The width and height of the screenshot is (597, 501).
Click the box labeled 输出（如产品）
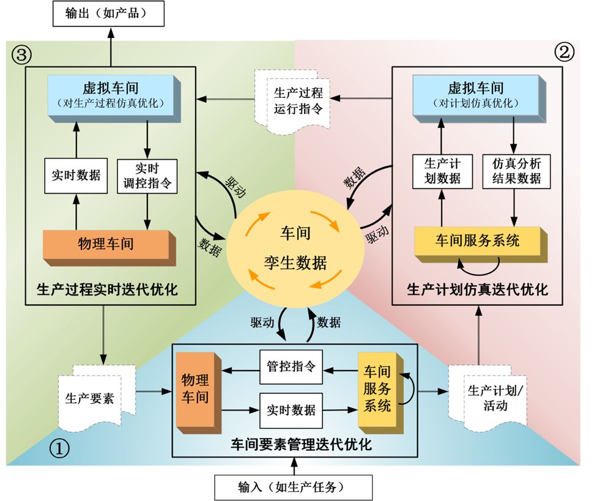click(x=108, y=13)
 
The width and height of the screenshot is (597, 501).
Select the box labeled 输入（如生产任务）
click(x=293, y=488)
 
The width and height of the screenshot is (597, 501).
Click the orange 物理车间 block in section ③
click(x=106, y=244)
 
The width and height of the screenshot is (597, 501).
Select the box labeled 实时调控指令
click(x=147, y=176)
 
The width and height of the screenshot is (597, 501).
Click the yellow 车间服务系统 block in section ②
click(x=478, y=240)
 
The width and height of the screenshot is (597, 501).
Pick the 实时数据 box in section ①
click(x=291, y=409)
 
